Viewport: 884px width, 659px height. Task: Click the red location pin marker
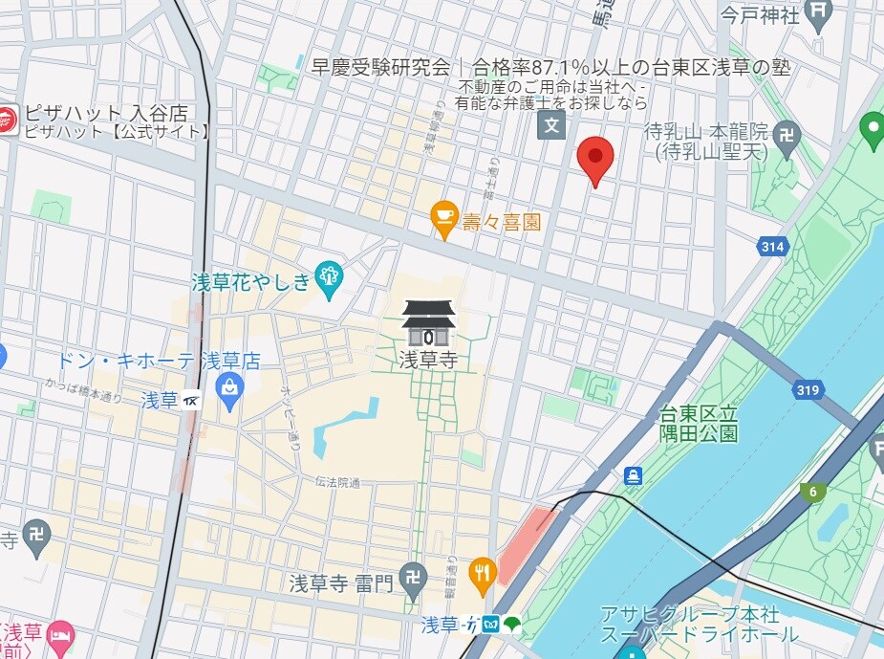[x=596, y=159]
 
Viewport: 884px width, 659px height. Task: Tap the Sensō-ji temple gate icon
[x=427, y=323]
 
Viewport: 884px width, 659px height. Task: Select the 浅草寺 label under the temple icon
[x=427, y=360]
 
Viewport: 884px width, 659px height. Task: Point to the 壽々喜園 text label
[x=502, y=223]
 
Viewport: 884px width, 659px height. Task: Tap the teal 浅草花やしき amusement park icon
[x=330, y=276]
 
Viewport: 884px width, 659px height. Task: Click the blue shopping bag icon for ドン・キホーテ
[x=229, y=387]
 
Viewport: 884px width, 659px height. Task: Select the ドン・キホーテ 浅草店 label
[x=159, y=361]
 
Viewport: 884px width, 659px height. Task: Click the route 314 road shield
[x=772, y=247]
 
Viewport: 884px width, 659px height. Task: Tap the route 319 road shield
[x=808, y=390]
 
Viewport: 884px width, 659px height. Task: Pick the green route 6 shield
[x=813, y=492]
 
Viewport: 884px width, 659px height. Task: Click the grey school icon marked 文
[x=551, y=123]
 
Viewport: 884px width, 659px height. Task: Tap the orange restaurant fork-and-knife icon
[x=484, y=572]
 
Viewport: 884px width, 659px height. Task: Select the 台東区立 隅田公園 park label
[x=699, y=424]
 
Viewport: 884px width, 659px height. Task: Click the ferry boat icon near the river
[x=632, y=475]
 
